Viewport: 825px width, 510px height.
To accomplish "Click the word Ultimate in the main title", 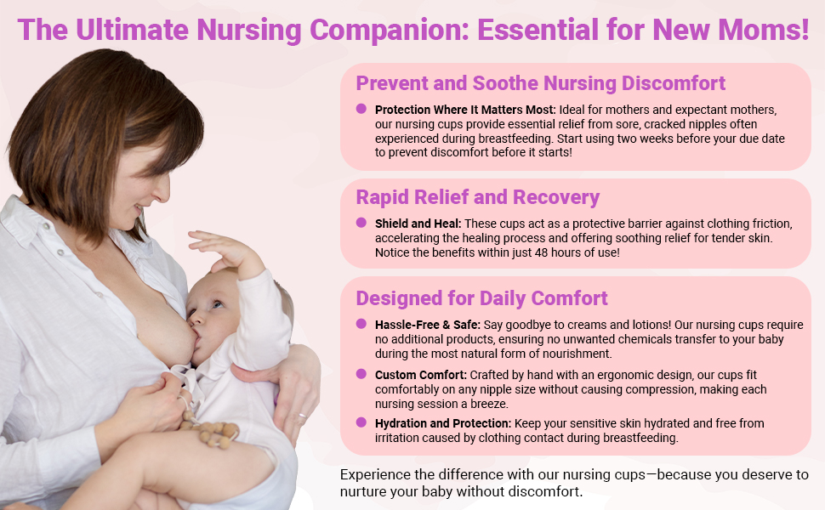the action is click(x=132, y=30).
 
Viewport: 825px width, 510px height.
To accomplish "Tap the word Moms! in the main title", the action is click(x=764, y=30).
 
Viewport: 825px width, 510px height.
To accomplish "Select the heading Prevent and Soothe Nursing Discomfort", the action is click(x=540, y=83).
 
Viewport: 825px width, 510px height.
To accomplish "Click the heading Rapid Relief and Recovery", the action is click(x=478, y=197).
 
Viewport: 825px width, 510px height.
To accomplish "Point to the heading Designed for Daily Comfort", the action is click(x=481, y=298).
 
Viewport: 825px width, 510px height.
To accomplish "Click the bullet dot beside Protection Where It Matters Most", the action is click(x=361, y=109).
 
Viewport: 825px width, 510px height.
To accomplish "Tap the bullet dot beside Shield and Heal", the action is click(x=361, y=223).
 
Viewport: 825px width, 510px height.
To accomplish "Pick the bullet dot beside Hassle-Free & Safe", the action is click(x=361, y=323).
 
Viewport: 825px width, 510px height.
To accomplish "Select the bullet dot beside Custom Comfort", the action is click(x=361, y=374).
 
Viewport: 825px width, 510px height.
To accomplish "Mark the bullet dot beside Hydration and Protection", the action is click(x=361, y=422).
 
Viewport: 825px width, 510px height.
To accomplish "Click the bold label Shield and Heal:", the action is click(x=418, y=224).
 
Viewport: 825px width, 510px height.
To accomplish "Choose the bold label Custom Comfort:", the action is click(x=421, y=375).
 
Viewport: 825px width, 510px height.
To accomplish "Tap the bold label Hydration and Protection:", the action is click(x=443, y=423).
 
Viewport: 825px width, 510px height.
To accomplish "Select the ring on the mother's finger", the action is click(x=302, y=416).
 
